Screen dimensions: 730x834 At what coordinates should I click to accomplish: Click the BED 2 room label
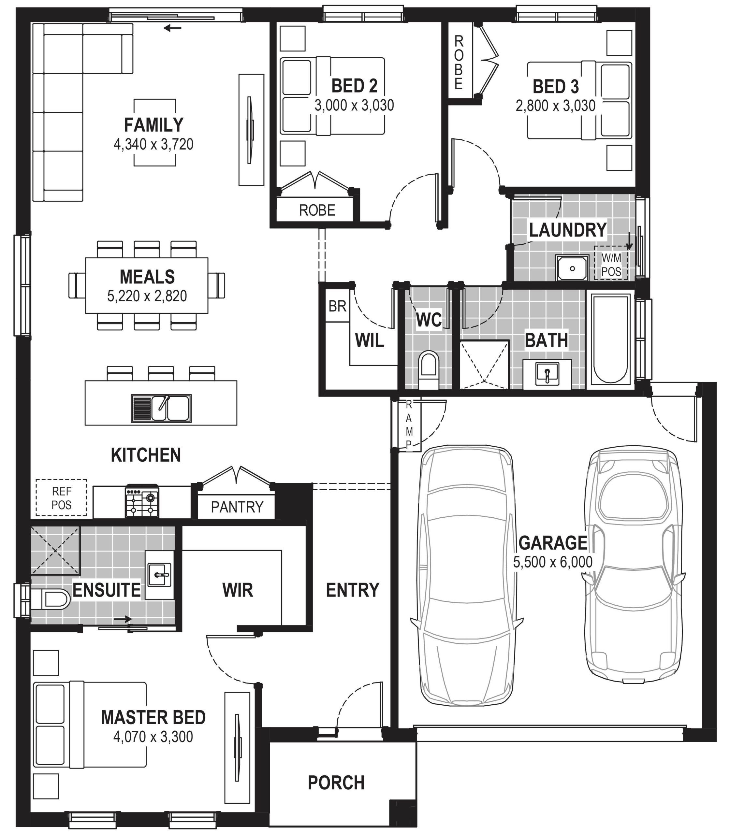pos(354,86)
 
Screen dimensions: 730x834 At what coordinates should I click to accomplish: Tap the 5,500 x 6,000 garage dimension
pos(552,562)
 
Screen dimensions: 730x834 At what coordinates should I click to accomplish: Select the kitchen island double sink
pos(161,408)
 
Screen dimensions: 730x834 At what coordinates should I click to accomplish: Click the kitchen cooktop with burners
pos(142,502)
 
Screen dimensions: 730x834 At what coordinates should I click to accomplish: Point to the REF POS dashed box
pos(61,498)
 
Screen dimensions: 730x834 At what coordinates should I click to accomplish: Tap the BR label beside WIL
pos(337,306)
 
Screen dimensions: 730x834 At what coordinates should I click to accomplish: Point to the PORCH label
pos(336,782)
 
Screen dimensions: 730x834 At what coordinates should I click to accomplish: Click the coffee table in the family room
pos(155,132)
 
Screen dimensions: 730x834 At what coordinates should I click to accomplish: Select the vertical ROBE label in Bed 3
pos(459,62)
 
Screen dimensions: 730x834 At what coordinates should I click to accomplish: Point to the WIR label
pos(238,590)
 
